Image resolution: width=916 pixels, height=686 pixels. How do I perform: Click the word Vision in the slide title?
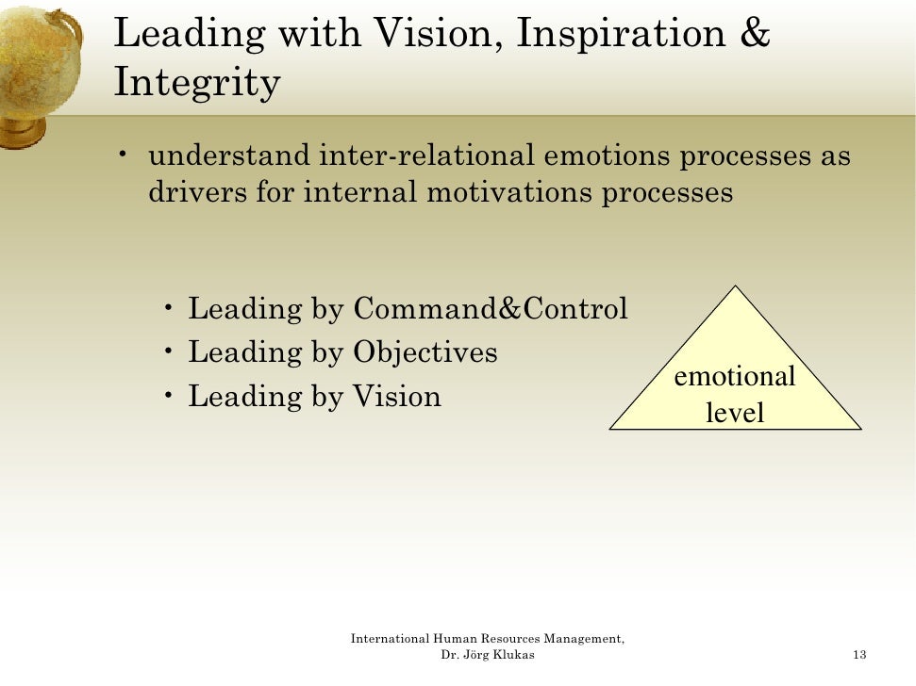tap(435, 35)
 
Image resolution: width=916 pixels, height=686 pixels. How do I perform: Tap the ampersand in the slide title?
tap(755, 35)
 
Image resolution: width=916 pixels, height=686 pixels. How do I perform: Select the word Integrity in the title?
tap(196, 83)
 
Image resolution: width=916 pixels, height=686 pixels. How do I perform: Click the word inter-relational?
tap(427, 155)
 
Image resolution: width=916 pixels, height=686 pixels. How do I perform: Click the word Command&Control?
tap(490, 308)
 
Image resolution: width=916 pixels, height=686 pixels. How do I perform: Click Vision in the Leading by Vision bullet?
tap(396, 396)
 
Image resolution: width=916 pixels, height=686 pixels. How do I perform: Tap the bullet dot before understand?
tap(124, 154)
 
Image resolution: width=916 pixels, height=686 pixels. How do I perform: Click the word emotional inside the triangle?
tap(734, 377)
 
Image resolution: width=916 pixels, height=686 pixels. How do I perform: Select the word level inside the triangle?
tap(734, 412)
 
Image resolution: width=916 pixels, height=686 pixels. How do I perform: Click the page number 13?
tap(858, 655)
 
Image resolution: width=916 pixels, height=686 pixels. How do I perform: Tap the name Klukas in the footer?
tap(514, 655)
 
